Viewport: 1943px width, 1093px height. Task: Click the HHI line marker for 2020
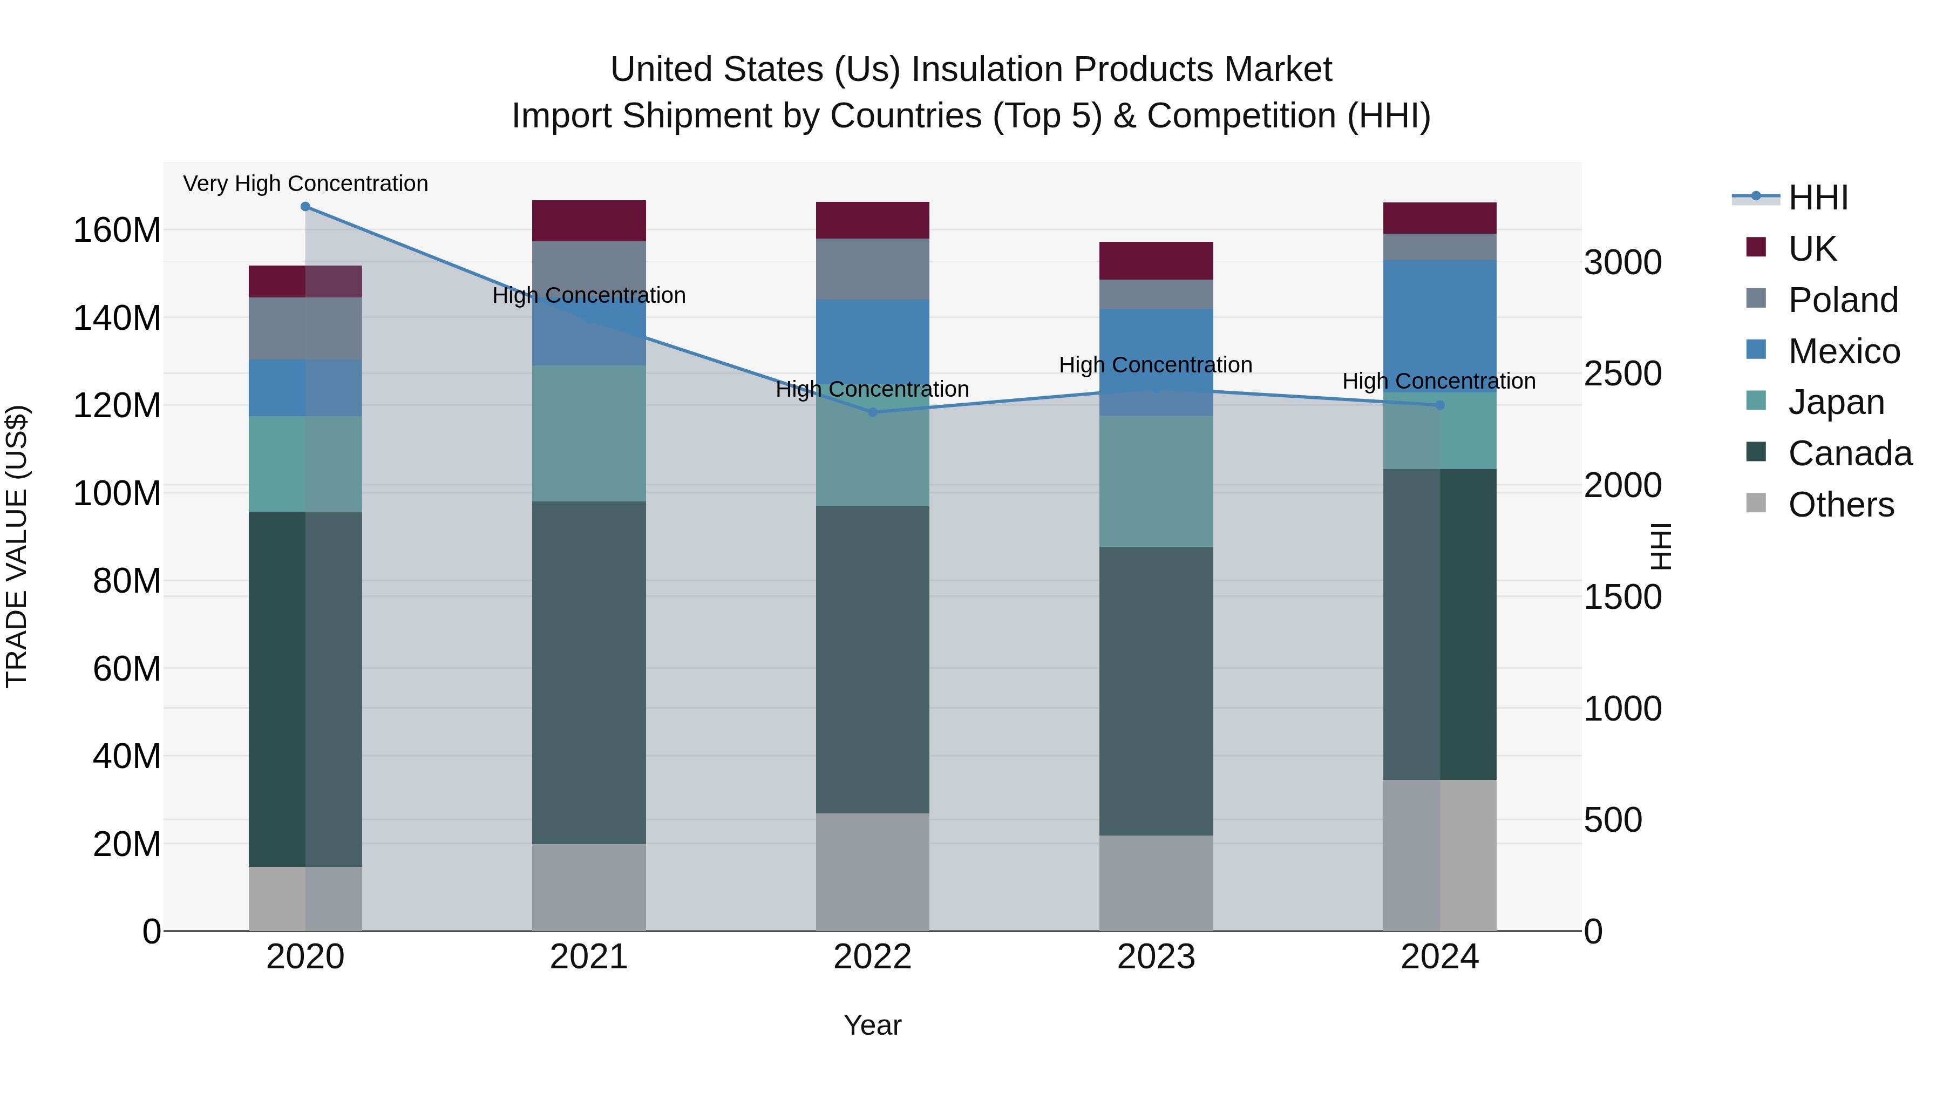point(305,207)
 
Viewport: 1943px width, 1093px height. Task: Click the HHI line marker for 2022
point(873,412)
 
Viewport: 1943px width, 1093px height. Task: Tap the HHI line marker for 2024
point(1440,405)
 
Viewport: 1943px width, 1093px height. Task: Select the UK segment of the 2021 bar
point(589,221)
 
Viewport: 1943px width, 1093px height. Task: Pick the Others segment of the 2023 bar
point(1156,882)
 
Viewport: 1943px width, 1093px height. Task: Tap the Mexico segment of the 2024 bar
point(1440,326)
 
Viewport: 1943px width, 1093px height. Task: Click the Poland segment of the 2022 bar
point(873,269)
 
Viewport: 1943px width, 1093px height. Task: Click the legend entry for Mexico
point(1844,351)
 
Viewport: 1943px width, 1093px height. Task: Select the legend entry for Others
point(1840,505)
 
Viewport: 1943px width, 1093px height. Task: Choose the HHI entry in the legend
point(1818,198)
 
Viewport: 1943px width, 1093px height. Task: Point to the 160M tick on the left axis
point(117,230)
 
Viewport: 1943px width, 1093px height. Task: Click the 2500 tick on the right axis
point(1622,374)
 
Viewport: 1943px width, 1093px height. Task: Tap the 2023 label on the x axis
point(1156,957)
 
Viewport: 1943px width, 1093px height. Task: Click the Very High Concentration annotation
point(305,184)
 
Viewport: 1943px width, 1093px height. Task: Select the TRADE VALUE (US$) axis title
point(17,546)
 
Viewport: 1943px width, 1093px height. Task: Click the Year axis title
point(873,1025)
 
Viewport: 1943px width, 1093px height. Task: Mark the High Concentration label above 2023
point(1156,365)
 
